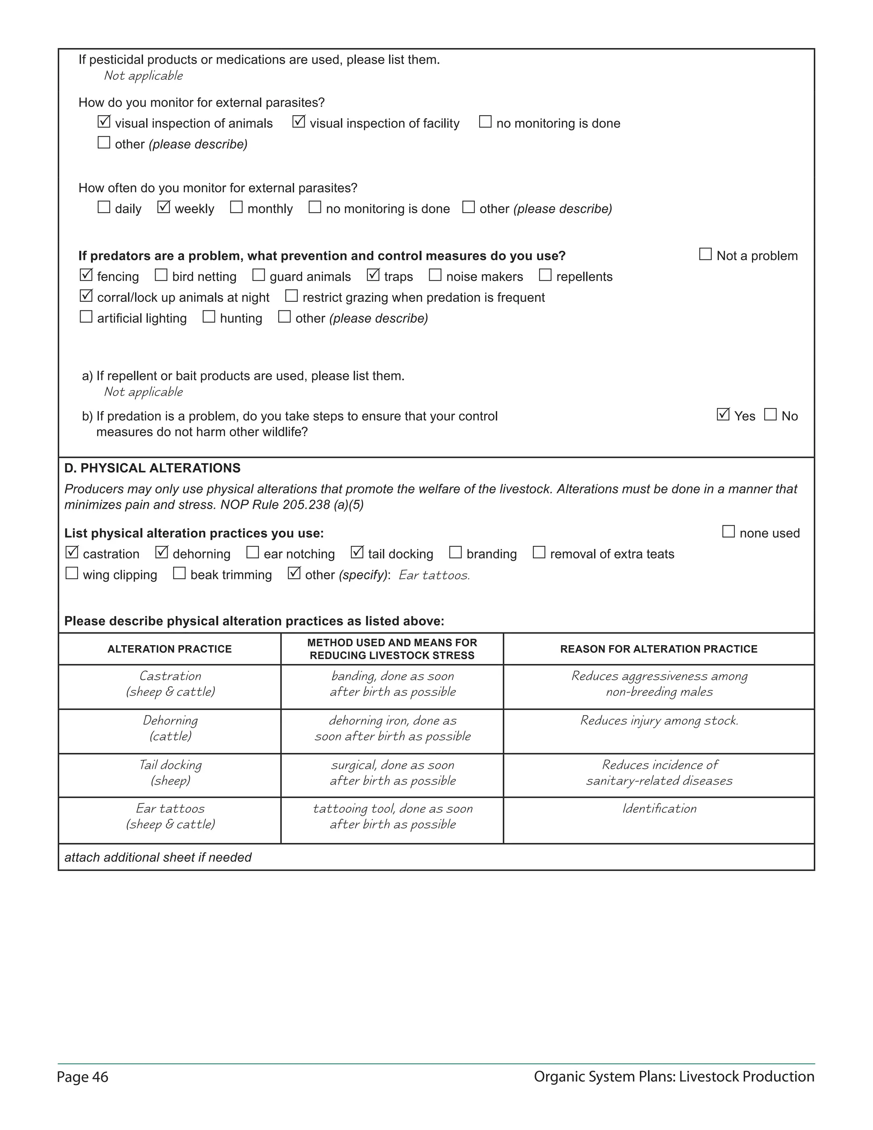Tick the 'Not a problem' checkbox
coord(705,254)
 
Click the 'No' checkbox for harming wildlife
coord(770,414)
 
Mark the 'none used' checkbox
coord(728,532)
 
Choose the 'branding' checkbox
coord(455,553)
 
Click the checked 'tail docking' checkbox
coord(357,553)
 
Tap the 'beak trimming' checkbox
coord(179,573)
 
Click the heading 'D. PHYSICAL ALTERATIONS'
coord(152,468)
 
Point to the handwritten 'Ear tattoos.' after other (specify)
coord(434,575)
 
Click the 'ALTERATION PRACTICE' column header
coord(170,649)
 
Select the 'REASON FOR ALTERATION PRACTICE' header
coord(658,649)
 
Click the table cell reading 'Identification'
coord(659,808)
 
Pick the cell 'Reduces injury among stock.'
coord(659,721)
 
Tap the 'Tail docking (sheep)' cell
coord(170,773)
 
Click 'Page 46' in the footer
coord(83,1077)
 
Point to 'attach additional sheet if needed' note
coord(158,858)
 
